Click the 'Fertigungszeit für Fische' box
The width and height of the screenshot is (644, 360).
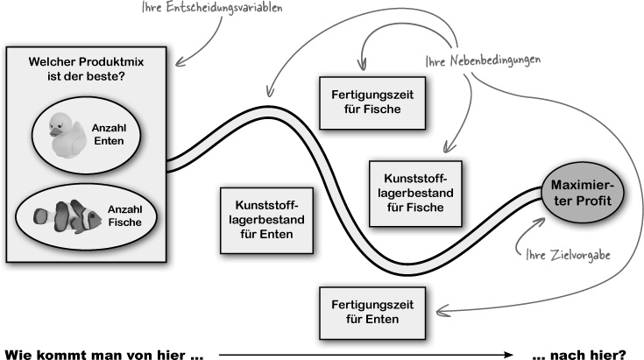click(372, 100)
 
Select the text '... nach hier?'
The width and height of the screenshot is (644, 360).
click(578, 353)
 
